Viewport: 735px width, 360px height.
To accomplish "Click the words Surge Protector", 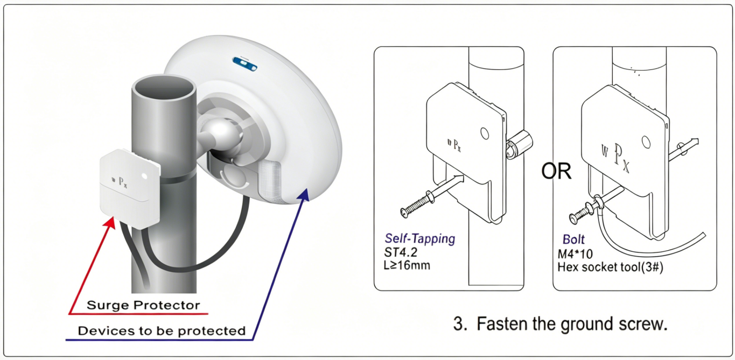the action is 143,305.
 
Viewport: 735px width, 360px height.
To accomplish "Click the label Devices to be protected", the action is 162,331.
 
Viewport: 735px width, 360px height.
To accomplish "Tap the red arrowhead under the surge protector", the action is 110,223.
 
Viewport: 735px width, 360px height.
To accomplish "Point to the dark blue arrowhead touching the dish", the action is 304,195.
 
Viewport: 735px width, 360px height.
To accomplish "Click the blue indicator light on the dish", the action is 244,64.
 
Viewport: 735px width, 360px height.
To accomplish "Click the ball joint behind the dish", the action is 220,135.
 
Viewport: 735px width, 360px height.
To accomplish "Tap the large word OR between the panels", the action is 556,171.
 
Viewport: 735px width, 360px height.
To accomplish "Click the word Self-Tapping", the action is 419,238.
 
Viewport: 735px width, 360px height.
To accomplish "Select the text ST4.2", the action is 401,252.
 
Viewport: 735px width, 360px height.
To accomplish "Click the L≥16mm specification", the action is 407,265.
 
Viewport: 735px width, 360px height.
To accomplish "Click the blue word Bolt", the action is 573,239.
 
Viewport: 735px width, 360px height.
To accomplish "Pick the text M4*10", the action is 575,254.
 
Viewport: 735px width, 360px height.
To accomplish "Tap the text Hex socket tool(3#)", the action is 610,267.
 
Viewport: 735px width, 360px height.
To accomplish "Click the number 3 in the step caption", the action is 460,324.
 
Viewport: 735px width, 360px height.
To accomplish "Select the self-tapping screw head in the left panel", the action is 404,213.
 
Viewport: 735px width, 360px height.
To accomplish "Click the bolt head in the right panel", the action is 573,218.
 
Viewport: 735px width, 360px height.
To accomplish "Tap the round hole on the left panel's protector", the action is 485,133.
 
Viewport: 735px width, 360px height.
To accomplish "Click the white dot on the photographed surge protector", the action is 144,177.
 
